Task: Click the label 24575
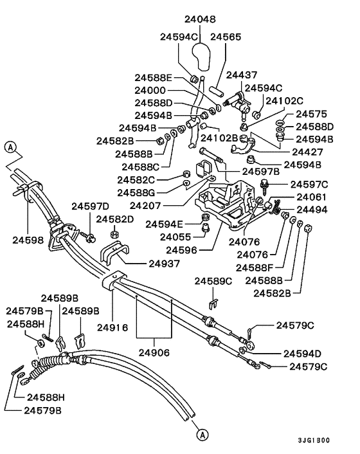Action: click(x=310, y=114)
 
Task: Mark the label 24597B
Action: click(x=260, y=172)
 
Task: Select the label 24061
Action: click(x=310, y=197)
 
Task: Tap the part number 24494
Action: click(x=310, y=209)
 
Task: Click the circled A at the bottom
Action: click(x=202, y=435)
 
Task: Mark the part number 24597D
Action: click(x=90, y=206)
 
